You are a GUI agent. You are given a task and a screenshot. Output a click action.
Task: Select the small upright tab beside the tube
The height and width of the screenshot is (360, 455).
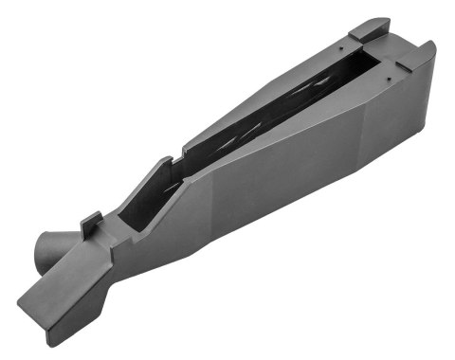click(x=89, y=225)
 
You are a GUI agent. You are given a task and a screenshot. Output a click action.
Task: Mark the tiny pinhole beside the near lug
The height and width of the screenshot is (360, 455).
click(x=389, y=72)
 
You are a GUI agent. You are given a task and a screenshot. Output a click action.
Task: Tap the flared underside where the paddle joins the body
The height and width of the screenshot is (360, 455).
click(x=114, y=284)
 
